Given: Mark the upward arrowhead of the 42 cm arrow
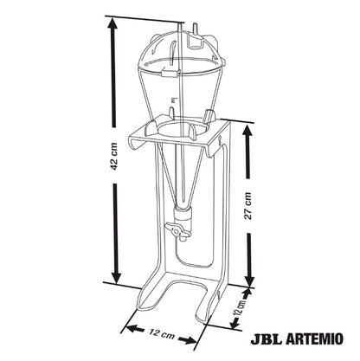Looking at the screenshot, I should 112,25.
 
